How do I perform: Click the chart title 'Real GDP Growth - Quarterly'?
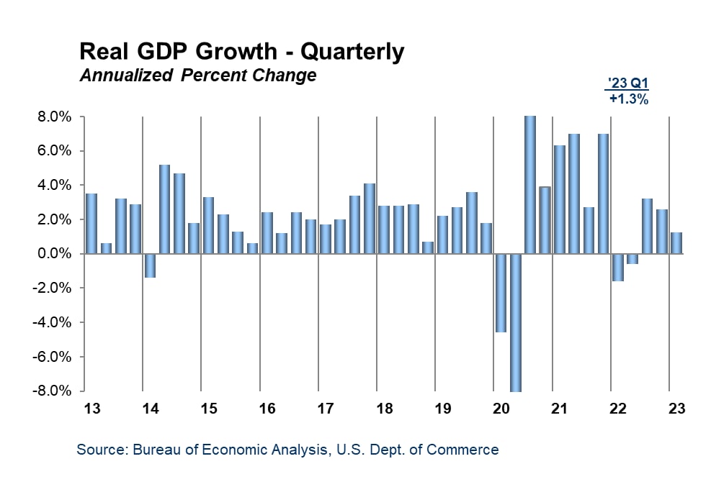point(241,52)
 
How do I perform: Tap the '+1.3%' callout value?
point(629,100)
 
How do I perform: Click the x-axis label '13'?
point(92,409)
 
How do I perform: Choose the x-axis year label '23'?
point(676,409)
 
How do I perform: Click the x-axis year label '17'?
point(326,409)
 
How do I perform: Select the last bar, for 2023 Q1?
point(676,243)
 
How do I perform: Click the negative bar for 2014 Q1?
point(150,265)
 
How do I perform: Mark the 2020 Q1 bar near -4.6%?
point(501,293)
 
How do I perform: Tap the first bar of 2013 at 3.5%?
point(91,224)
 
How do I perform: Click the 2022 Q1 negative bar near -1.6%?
point(617,268)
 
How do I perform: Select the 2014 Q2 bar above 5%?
point(164,209)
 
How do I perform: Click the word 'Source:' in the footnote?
point(102,450)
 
